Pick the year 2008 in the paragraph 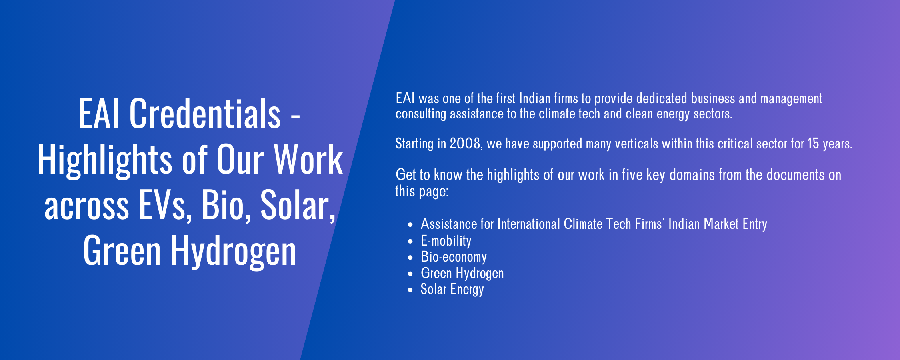click(x=465, y=143)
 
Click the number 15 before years click(x=813, y=143)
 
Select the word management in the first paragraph click(x=791, y=99)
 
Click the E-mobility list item click(x=446, y=241)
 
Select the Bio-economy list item click(x=454, y=257)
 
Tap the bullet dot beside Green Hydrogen click(x=410, y=274)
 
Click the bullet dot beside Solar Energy click(x=410, y=290)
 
